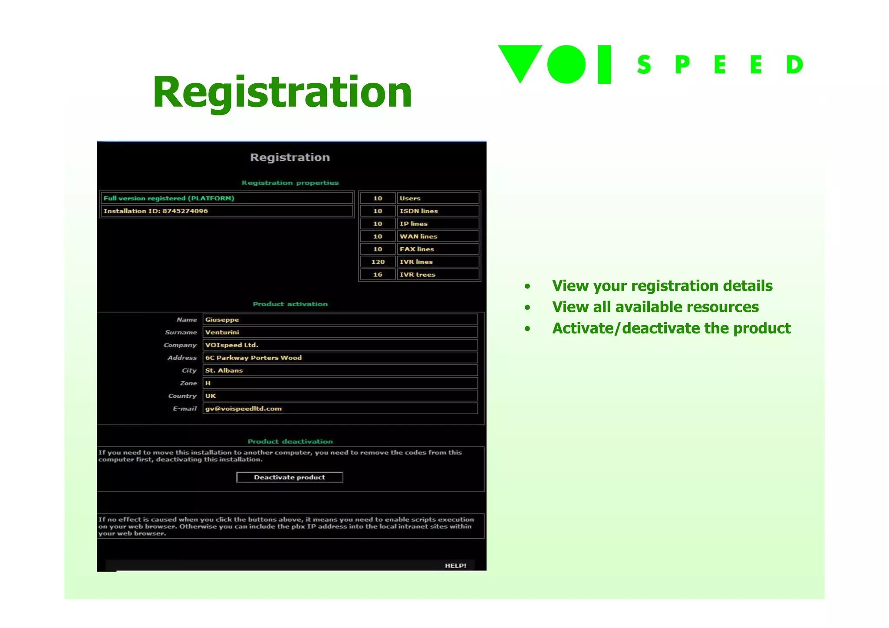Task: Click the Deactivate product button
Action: [290, 477]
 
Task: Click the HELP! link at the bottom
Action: [455, 566]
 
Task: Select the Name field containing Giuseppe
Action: [340, 320]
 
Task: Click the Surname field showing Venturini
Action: [340, 332]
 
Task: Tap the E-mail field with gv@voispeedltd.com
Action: [340, 409]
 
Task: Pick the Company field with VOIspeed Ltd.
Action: [340, 345]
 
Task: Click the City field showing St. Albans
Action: [340, 370]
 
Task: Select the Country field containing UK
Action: [340, 396]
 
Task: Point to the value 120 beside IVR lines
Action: [378, 262]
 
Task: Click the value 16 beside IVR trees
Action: [378, 275]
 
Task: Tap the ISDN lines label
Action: [418, 211]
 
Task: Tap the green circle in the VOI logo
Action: [566, 64]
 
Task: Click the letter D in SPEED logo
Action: [794, 65]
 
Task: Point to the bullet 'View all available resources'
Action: [655, 307]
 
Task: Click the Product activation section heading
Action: [290, 304]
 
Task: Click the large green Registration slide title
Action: [282, 92]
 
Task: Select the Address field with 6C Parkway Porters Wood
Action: [340, 358]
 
